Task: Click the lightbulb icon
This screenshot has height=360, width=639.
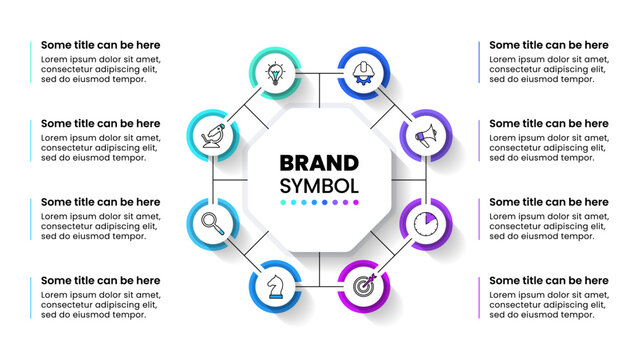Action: pos(272,73)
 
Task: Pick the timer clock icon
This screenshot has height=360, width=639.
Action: pos(421,219)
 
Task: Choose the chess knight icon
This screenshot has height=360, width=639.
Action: pos(272,284)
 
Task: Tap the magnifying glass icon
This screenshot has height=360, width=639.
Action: pos(213,219)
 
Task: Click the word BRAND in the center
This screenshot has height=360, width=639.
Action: pos(319,163)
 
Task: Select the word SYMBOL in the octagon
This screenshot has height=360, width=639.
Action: pos(319,185)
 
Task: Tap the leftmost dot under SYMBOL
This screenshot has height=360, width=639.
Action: pos(284,202)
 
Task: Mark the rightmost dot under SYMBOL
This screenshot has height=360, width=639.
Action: pos(355,202)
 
